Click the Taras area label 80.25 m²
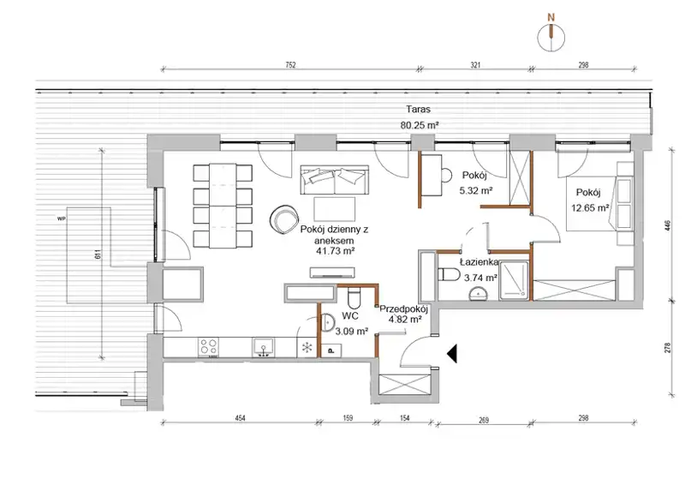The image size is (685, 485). pos(420,125)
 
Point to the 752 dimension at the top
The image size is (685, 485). pos(290,65)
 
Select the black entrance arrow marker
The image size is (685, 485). pos(452,353)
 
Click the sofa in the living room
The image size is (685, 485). pos(334,180)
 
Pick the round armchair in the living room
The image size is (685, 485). pos(283,218)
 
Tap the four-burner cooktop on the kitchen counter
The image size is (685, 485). pos(208,347)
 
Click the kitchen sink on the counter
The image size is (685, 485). pos(263,347)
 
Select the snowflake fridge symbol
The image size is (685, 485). pos(307,348)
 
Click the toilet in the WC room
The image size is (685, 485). pos(354,297)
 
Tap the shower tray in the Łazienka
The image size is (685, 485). pos(515,281)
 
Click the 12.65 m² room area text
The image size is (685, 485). pos(590,208)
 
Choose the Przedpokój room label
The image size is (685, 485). pos(403,308)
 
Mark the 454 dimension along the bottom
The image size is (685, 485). pos(241,418)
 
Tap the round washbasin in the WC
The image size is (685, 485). pos(327,323)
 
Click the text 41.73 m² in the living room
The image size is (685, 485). pos(334,251)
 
